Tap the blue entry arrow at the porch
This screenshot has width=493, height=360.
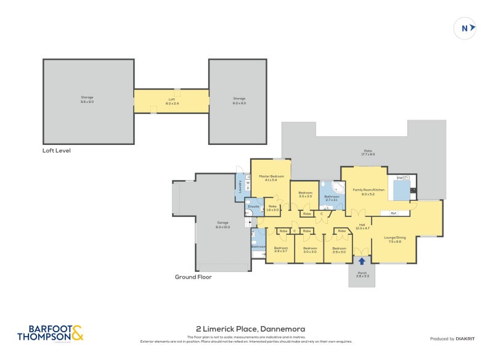362,261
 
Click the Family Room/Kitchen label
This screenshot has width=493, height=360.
369,192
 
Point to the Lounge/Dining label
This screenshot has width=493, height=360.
395,239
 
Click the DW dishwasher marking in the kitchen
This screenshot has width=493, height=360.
399,178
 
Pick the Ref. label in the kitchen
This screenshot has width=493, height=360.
393,213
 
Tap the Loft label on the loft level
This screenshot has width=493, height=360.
171,101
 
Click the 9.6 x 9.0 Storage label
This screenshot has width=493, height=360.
87,99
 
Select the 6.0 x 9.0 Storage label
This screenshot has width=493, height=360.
239,100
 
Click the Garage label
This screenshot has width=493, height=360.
223,224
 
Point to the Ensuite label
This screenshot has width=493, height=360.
254,207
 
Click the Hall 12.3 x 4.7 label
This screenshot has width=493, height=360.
362,226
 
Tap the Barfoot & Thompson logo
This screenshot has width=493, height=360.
50,333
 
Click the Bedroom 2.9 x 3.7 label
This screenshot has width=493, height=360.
280,250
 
